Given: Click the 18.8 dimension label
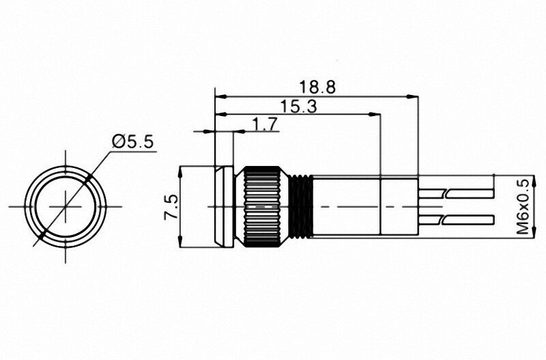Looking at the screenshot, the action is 317,87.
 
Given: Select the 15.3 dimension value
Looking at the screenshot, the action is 299,107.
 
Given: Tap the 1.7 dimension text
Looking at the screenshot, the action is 265,124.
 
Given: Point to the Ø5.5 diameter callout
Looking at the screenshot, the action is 132,142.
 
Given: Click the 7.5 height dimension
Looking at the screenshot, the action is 171,207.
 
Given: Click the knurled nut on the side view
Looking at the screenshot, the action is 263,207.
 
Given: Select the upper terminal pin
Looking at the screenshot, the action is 457,193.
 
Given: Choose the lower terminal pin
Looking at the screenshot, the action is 457,219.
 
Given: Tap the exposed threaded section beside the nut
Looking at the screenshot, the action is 301,207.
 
